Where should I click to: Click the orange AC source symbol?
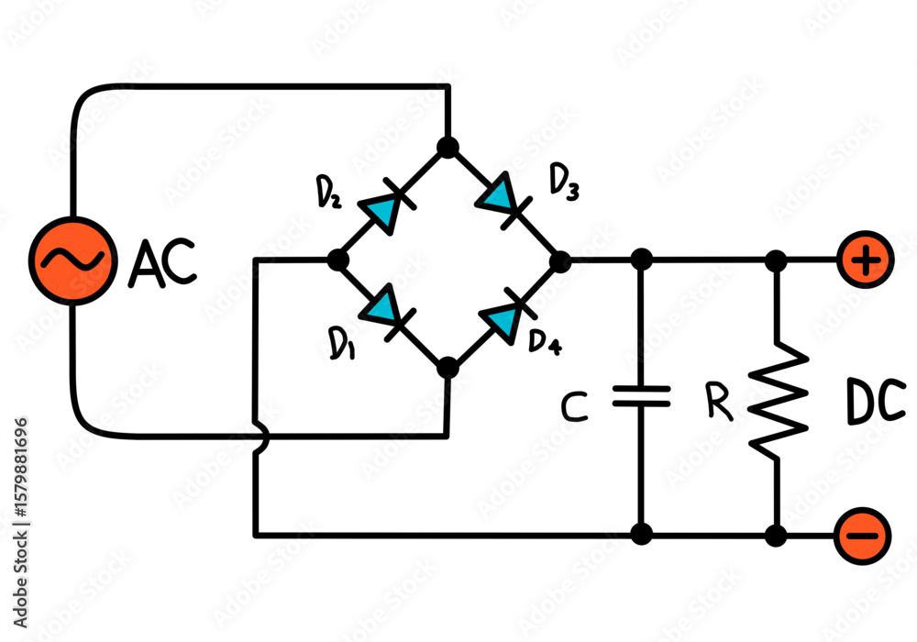(x=70, y=260)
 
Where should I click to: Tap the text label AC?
(x=162, y=262)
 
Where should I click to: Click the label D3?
(x=564, y=182)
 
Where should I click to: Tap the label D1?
(x=341, y=344)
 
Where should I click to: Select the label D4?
(x=546, y=341)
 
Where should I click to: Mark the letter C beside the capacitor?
(x=574, y=407)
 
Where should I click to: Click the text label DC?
(x=876, y=404)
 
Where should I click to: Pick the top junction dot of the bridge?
(x=447, y=147)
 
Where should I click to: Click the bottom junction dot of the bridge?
(x=447, y=369)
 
